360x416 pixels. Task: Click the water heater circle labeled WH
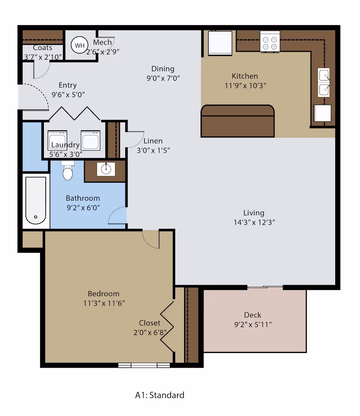(79, 45)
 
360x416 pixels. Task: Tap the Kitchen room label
(245, 76)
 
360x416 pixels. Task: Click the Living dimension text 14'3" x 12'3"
(254, 222)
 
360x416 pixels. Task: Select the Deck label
(252, 315)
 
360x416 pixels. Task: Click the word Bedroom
(103, 293)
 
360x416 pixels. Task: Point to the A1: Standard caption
(160, 395)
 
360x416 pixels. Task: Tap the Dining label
(163, 69)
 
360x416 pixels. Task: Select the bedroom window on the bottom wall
(144, 365)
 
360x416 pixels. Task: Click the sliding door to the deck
(265, 287)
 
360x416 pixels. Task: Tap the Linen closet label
(153, 141)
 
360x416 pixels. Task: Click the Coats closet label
(42, 48)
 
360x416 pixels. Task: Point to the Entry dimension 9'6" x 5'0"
(68, 95)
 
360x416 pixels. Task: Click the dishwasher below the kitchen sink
(322, 113)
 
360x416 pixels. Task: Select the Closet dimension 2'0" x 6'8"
(150, 332)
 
